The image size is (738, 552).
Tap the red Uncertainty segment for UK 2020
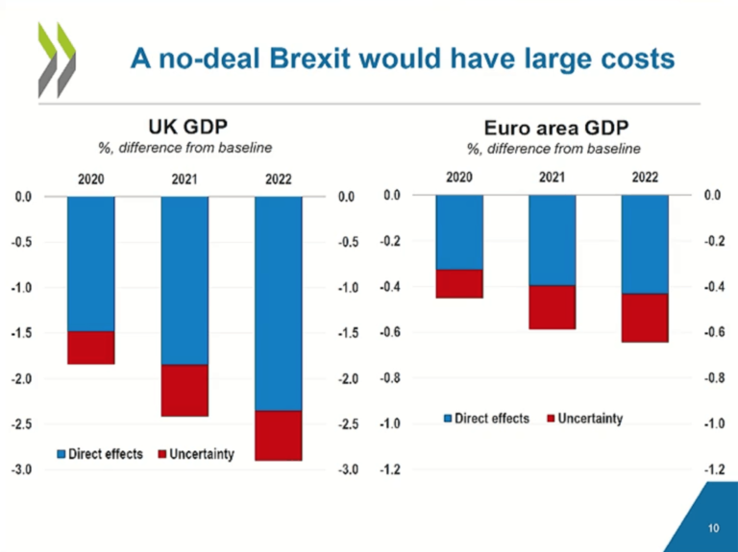tap(91, 348)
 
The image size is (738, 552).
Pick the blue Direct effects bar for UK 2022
tap(279, 302)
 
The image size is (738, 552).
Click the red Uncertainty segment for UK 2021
tap(184, 390)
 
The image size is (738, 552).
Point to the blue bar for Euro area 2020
tap(459, 232)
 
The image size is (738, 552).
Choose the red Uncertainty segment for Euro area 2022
tap(645, 318)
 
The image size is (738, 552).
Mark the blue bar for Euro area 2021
tap(552, 240)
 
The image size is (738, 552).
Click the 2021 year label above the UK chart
tap(184, 180)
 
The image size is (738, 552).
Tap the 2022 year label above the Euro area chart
tap(645, 178)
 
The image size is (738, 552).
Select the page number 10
tap(713, 528)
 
